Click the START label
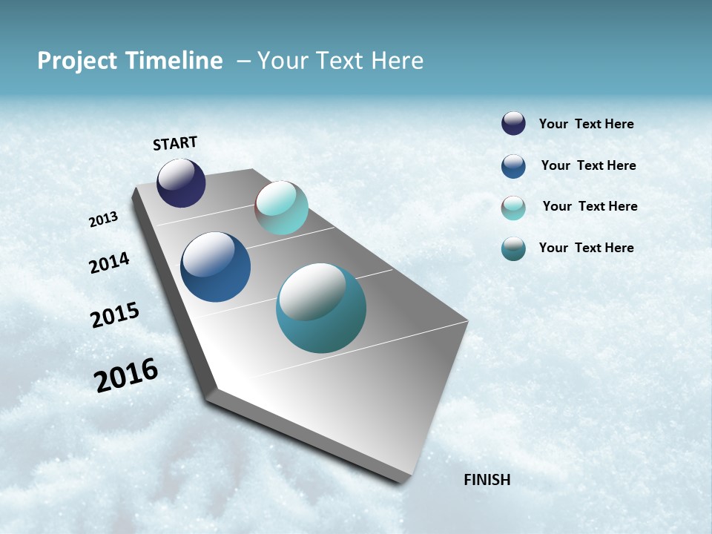pos(175,143)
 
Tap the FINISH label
pos(487,480)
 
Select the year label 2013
pos(103,219)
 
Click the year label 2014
pos(109,263)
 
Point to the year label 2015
pos(115,315)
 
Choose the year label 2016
pos(126,375)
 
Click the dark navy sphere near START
pos(181,182)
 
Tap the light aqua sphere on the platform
pos(281,208)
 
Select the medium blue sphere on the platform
pos(215,267)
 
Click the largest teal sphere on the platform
pos(321,308)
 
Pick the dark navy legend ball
pos(513,123)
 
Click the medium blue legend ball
pos(513,166)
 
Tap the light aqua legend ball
pos(513,208)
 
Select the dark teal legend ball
pos(513,249)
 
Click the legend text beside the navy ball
pos(586,124)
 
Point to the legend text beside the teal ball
pos(586,248)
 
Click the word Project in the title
pos(76,61)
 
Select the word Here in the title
pos(397,61)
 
